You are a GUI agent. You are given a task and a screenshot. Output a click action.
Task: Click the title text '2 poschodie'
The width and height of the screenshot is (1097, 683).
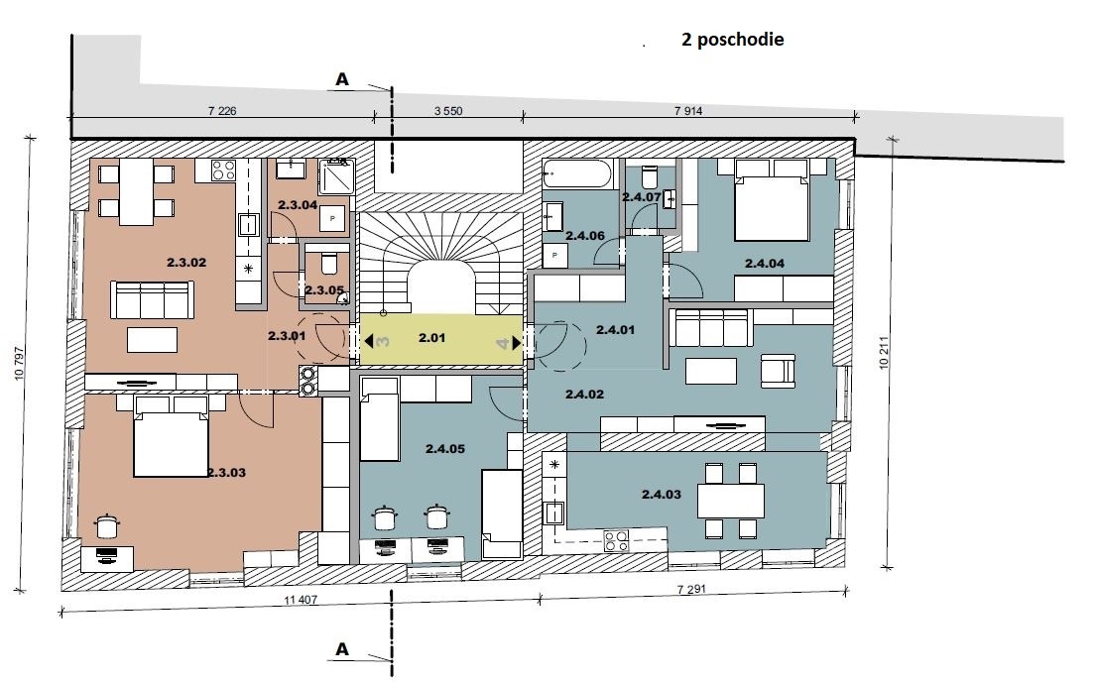(x=733, y=41)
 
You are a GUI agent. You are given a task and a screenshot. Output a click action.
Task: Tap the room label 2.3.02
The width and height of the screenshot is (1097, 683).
(x=185, y=263)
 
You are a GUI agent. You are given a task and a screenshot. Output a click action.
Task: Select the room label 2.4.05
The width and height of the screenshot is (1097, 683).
(x=446, y=448)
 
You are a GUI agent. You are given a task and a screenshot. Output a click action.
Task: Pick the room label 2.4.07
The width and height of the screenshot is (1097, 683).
(x=641, y=197)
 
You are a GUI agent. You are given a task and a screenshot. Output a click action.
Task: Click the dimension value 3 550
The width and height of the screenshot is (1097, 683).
(x=448, y=110)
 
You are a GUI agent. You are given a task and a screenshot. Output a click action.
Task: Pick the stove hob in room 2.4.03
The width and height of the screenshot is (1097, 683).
(x=616, y=540)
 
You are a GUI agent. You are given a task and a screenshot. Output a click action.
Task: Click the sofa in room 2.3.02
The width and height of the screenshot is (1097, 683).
(x=151, y=299)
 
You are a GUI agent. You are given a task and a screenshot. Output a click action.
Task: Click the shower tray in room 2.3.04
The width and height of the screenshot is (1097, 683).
(x=335, y=177)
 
